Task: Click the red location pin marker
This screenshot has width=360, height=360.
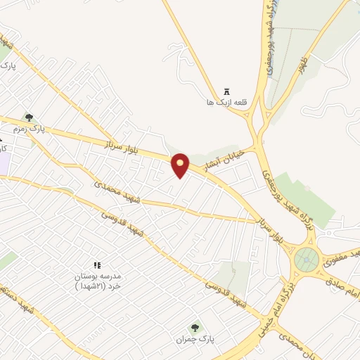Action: (x=181, y=165)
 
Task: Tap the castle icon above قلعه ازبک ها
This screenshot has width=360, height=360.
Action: (x=226, y=91)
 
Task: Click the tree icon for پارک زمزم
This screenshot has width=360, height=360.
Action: (x=29, y=118)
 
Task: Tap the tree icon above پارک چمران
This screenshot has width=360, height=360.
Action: (x=195, y=327)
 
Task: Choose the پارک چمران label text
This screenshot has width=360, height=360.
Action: (x=195, y=339)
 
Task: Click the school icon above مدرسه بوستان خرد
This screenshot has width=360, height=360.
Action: (x=98, y=265)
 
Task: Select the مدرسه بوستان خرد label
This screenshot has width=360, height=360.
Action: (x=98, y=281)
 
